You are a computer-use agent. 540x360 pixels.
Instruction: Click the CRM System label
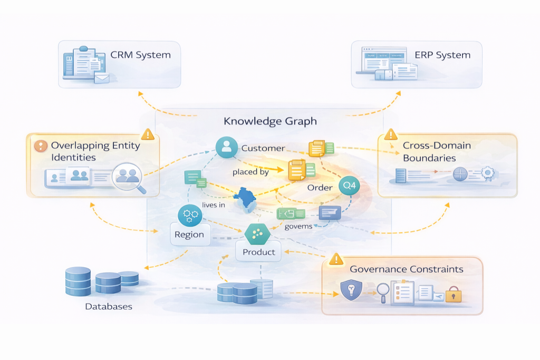[140, 55]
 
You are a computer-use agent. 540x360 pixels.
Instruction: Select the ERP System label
[442, 55]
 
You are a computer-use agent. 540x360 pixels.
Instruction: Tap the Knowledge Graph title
[270, 121]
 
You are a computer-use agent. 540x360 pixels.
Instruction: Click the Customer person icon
[227, 147]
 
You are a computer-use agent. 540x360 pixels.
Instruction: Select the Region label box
[189, 235]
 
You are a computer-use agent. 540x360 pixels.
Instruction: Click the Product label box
[258, 252]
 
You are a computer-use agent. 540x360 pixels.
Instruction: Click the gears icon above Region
[188, 214]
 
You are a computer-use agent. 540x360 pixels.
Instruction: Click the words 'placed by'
[250, 172]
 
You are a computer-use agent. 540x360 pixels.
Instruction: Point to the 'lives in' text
[213, 206]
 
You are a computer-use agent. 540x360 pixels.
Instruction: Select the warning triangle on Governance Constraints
[336, 259]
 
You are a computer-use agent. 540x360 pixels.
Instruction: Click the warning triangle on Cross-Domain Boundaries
[391, 134]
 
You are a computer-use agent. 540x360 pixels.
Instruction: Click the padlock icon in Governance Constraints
[453, 295]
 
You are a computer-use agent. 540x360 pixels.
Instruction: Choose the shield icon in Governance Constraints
[350, 290]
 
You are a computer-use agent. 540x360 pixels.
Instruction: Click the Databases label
[109, 306]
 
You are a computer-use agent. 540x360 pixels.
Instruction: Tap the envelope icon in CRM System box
[102, 79]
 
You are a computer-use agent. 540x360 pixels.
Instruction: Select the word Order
[320, 188]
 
